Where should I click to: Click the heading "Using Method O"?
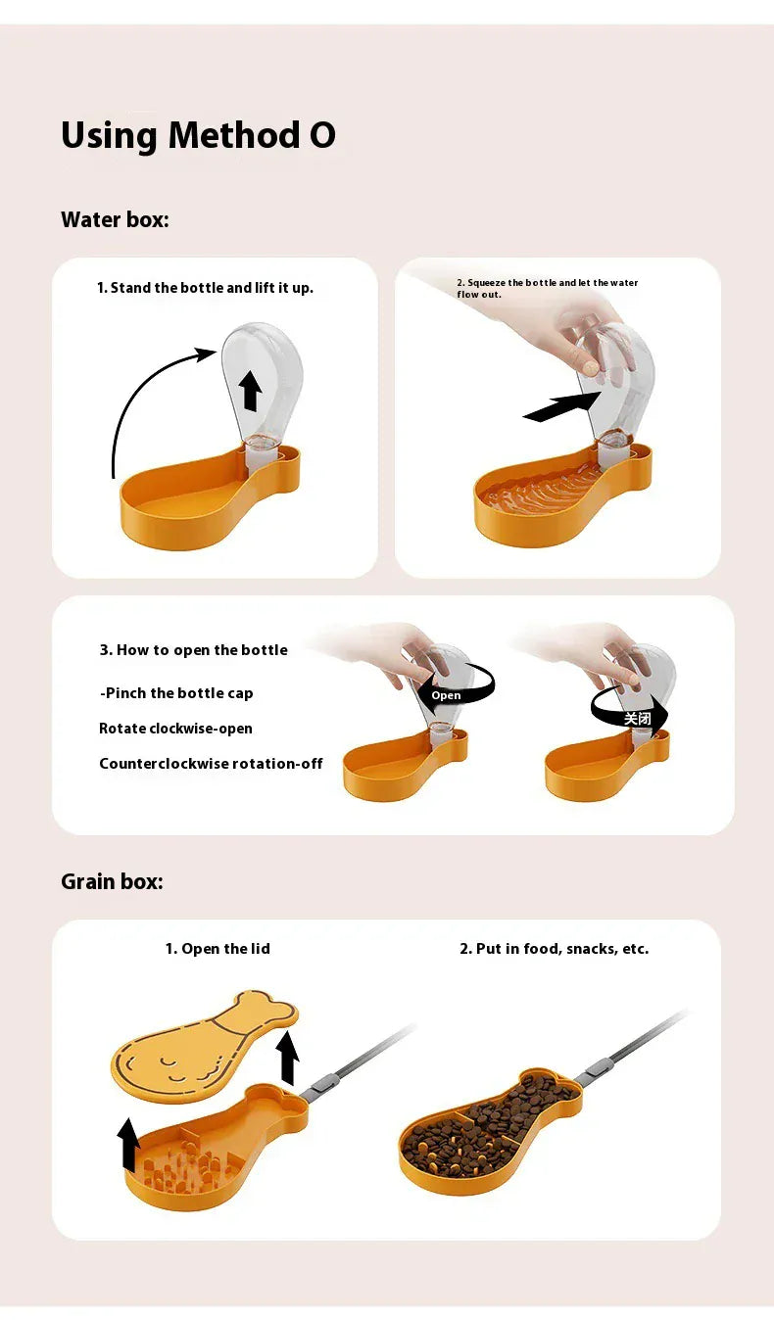click(x=198, y=135)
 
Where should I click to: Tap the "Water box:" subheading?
click(x=115, y=219)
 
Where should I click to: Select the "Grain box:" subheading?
click(x=112, y=881)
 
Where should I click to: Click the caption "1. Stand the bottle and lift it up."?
click(x=205, y=288)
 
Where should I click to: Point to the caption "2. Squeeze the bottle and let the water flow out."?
click(x=547, y=288)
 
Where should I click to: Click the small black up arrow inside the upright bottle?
click(x=252, y=390)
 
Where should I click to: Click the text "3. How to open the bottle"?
click(x=193, y=650)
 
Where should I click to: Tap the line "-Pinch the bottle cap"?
click(x=176, y=693)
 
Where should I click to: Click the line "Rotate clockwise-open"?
click(x=175, y=729)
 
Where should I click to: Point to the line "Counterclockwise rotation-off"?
click(x=211, y=764)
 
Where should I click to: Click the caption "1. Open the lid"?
click(x=218, y=949)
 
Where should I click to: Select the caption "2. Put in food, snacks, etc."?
click(x=554, y=949)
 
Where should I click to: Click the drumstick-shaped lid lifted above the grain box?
click(x=201, y=1044)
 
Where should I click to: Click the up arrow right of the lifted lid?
click(x=287, y=1058)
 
